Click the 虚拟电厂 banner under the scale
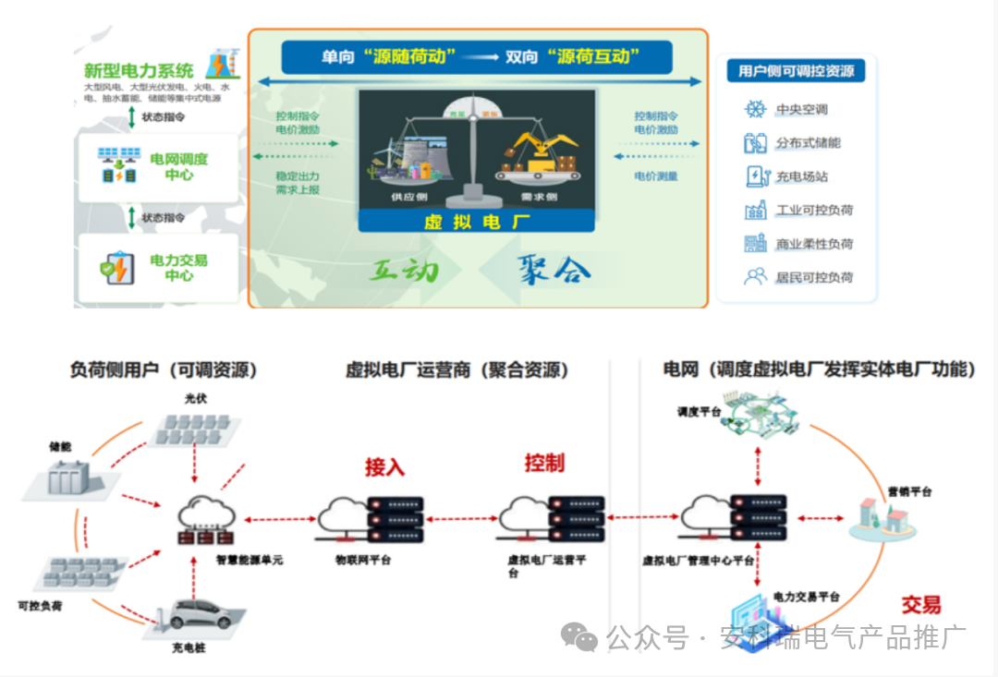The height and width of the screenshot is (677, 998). (477, 222)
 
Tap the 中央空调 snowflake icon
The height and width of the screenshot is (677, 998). (756, 110)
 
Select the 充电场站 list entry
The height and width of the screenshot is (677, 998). (801, 176)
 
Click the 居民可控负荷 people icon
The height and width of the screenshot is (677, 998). (756, 276)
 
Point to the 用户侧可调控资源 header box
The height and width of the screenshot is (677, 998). (796, 71)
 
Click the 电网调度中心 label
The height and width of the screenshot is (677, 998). (179, 166)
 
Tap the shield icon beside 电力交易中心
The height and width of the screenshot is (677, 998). (117, 268)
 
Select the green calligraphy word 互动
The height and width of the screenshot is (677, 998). (404, 270)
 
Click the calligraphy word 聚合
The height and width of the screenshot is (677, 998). (554, 269)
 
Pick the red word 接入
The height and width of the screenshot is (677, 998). (384, 466)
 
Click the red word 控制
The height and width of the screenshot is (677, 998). (544, 463)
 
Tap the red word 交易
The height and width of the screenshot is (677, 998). (920, 605)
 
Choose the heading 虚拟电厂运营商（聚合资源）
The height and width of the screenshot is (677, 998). (456, 370)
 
